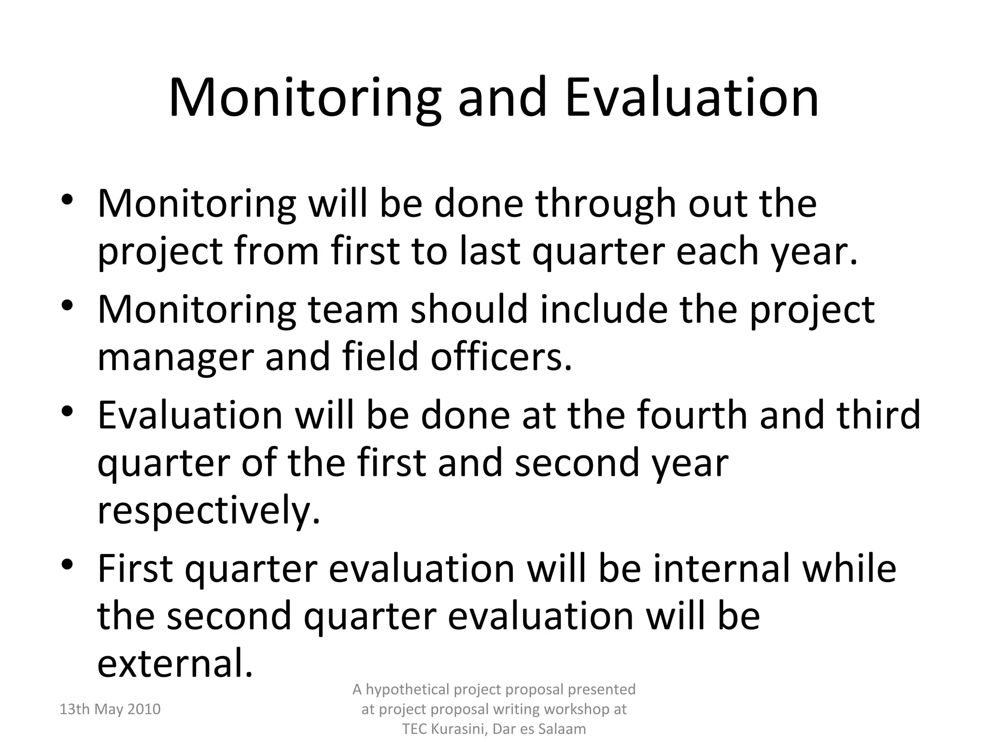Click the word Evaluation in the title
click(692, 98)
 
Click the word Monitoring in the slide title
click(305, 98)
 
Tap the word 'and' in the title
click(502, 98)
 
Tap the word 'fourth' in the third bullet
click(692, 414)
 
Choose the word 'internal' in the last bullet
click(721, 568)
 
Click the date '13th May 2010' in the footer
click(110, 709)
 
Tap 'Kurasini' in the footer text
click(460, 729)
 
